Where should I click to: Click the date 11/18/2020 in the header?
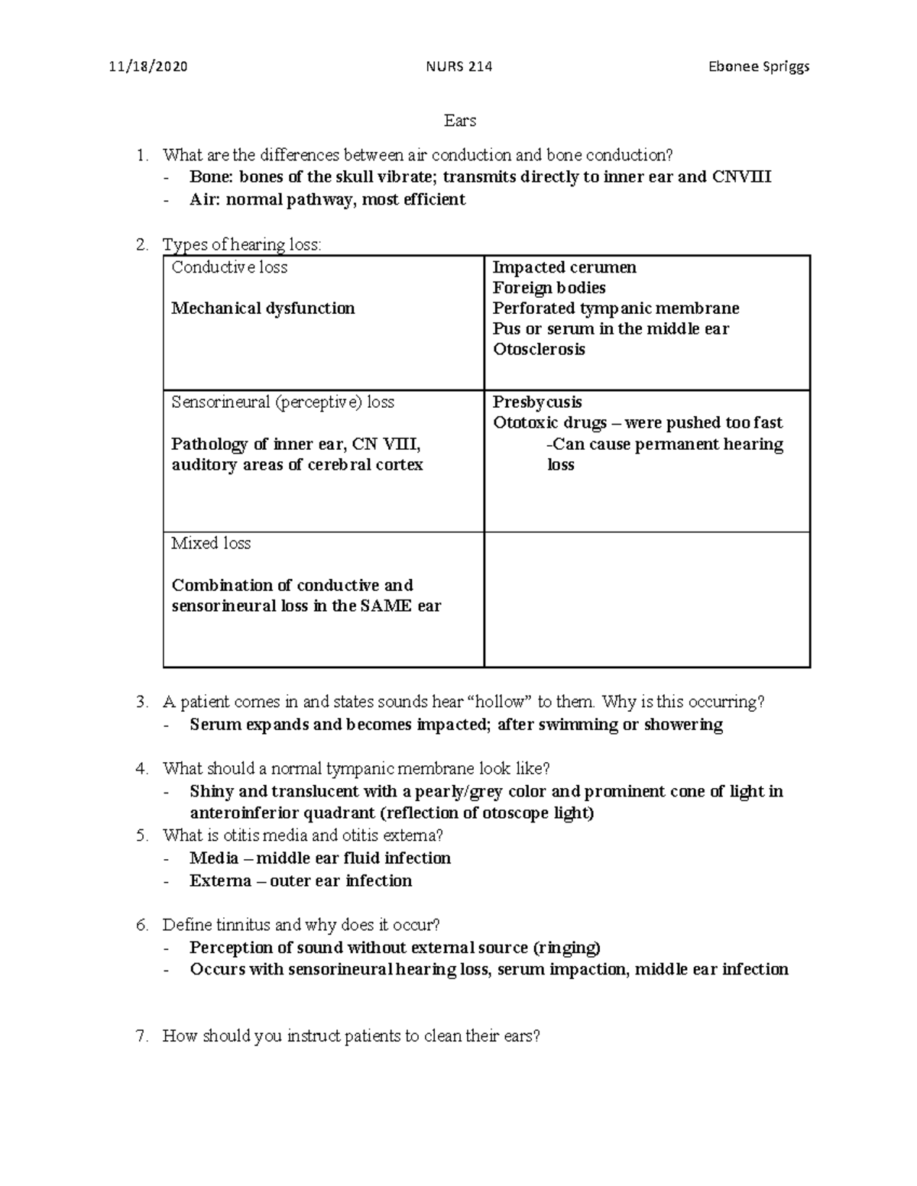(x=147, y=66)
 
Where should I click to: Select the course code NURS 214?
(x=458, y=66)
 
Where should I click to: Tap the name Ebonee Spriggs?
(x=759, y=66)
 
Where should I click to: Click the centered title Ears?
(x=460, y=121)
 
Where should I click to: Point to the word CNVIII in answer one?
(x=741, y=177)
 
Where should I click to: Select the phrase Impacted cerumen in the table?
(x=564, y=267)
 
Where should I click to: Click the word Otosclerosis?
(x=539, y=350)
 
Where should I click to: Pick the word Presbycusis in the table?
(x=537, y=402)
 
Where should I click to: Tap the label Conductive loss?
(x=229, y=267)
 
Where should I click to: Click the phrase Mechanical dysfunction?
(x=263, y=309)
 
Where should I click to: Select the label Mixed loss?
(x=211, y=544)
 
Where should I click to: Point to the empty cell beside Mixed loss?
(x=646, y=599)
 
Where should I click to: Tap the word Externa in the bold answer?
(x=219, y=881)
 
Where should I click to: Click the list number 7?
(x=141, y=1036)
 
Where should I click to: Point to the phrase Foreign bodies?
(x=549, y=288)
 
